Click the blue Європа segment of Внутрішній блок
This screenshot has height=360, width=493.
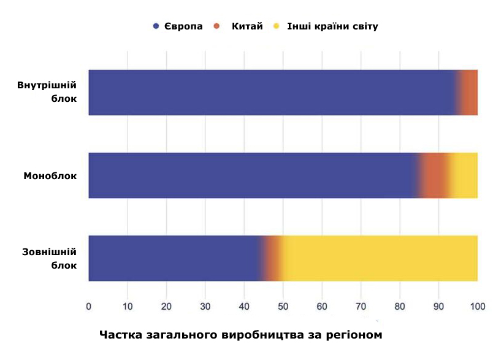270,93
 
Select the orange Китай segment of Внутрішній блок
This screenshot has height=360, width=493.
470,93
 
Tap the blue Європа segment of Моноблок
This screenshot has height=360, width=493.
251,175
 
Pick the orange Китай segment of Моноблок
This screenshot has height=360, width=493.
434,175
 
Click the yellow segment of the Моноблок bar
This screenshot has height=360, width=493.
464,175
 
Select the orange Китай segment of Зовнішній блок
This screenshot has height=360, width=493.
273,258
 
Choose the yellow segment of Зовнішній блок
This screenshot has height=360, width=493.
379,258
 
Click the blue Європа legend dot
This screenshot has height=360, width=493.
156,26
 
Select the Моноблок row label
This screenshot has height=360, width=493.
50,176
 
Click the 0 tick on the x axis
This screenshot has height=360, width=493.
89,306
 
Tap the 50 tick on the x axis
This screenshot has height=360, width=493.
283,306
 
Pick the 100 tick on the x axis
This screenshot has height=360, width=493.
477,306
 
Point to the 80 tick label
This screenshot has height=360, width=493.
400,306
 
